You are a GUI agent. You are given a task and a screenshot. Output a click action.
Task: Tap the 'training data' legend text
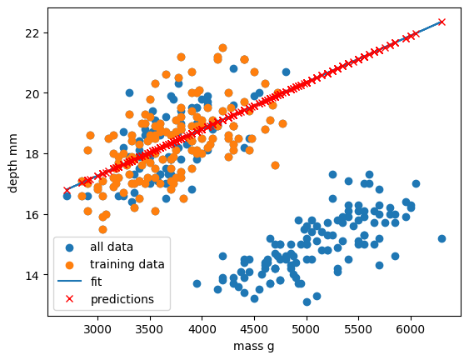click(127, 264)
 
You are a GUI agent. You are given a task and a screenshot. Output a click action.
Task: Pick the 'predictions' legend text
click(122, 298)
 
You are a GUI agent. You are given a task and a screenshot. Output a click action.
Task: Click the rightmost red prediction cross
click(442, 22)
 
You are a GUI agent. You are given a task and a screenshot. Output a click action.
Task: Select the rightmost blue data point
click(442, 238)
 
